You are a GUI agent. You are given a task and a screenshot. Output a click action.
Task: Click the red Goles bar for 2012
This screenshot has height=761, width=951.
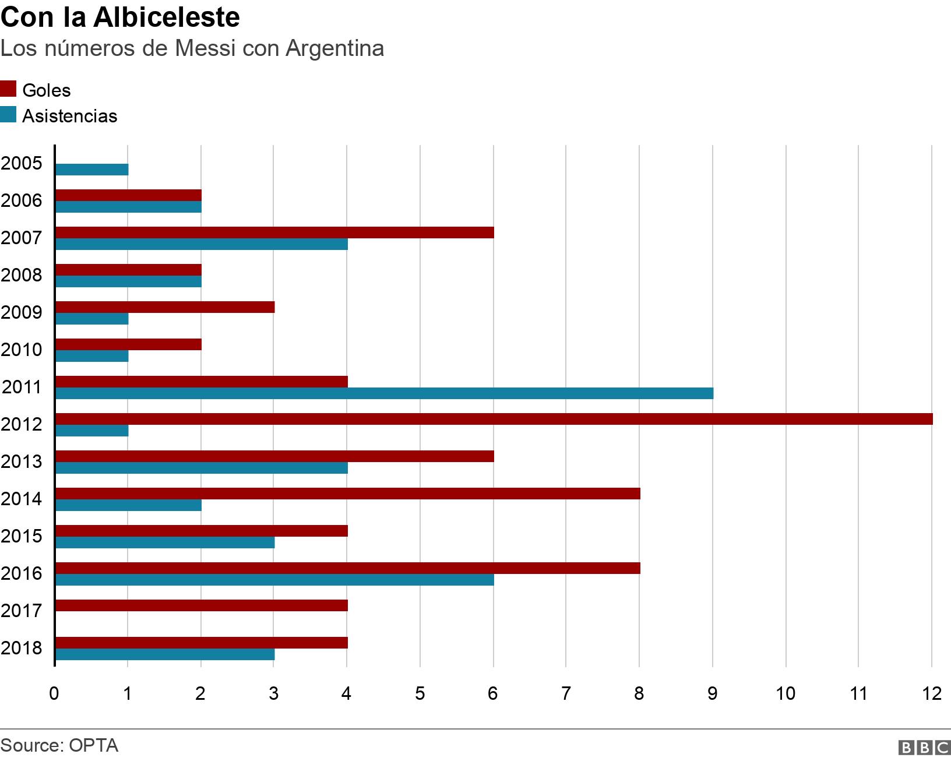coord(494,419)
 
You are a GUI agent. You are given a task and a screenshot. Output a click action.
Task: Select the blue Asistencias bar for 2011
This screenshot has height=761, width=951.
coord(384,393)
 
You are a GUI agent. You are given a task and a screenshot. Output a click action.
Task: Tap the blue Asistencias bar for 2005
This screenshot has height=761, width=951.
coord(91,170)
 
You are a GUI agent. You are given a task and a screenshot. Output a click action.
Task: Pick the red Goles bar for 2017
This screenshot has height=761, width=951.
coord(201,605)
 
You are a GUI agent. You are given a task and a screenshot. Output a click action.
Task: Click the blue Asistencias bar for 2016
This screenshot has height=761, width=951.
coord(274,580)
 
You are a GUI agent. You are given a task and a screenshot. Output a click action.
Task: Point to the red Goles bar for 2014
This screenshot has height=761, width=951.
coord(347,494)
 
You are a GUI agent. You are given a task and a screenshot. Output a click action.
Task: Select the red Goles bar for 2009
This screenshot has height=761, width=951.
coord(165,307)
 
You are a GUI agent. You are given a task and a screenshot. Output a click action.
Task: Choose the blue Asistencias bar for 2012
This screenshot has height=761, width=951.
coord(91,431)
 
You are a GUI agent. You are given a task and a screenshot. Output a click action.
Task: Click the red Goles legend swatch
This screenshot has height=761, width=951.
coord(8,89)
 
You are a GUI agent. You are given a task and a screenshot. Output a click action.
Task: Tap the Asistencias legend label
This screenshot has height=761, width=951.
coord(69,116)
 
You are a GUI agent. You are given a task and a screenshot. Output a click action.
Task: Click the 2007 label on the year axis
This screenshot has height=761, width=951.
coord(22,238)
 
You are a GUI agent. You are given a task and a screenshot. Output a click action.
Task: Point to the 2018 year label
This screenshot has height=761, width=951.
coord(22,648)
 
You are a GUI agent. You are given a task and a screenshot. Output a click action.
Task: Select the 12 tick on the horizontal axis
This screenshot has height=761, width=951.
coord(932,693)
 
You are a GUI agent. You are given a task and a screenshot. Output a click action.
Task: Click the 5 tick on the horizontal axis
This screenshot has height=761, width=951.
coord(420,693)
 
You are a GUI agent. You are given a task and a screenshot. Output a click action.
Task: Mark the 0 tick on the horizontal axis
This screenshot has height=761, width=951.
coord(54,693)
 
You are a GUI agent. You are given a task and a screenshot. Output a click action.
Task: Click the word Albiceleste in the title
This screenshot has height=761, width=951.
coord(167,17)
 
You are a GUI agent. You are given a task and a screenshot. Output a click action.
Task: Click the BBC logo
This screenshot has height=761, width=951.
coord(924,747)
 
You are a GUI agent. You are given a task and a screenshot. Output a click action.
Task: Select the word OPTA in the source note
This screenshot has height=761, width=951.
coord(93,745)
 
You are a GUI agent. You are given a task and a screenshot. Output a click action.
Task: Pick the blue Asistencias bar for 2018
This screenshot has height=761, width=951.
coord(165,654)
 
